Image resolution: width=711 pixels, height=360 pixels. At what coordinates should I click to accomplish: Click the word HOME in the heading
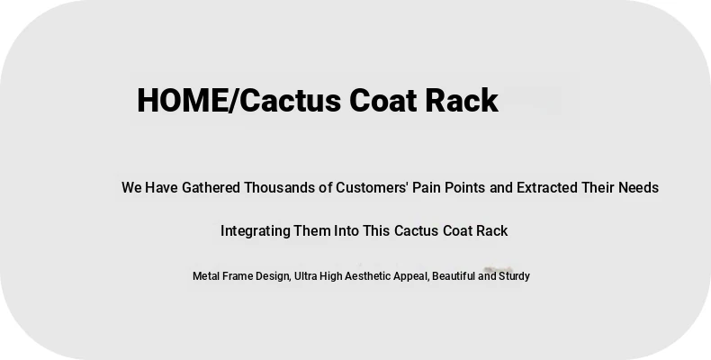183,100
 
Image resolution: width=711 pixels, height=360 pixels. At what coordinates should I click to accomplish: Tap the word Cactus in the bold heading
290,100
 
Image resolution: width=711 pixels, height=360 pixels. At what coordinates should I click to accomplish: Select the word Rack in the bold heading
462,100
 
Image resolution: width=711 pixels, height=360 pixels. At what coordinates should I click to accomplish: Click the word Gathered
211,187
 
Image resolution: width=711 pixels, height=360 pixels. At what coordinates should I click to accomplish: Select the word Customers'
372,187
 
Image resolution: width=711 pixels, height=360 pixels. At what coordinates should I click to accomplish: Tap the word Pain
427,187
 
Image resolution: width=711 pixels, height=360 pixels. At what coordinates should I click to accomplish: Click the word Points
465,187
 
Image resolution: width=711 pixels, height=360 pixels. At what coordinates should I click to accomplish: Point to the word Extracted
547,187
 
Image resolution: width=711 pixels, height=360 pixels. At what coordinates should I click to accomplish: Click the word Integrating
256,230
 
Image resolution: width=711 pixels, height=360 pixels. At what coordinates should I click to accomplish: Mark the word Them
312,230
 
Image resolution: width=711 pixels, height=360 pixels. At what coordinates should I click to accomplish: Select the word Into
346,230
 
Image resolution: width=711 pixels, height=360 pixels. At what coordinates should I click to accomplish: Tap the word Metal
205,276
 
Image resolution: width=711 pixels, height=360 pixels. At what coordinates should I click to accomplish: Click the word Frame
238,276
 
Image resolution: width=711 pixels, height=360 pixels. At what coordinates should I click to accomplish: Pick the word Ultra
306,276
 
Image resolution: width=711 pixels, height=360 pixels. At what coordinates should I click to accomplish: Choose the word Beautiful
454,276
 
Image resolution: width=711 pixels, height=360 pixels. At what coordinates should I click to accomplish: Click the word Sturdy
514,276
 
